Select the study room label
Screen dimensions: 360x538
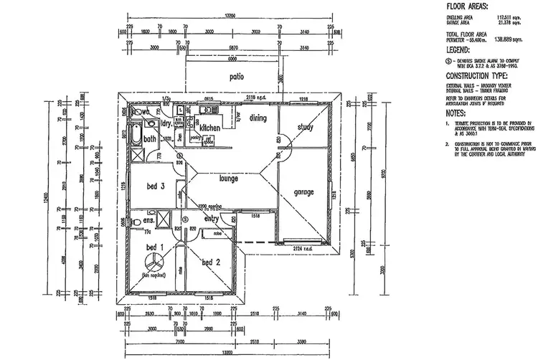pyautogui.click(x=306, y=128)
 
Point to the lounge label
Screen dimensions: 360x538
pyautogui.click(x=229, y=178)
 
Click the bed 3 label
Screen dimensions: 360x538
pyautogui.click(x=156, y=186)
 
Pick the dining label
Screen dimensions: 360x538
pyautogui.click(x=258, y=118)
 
